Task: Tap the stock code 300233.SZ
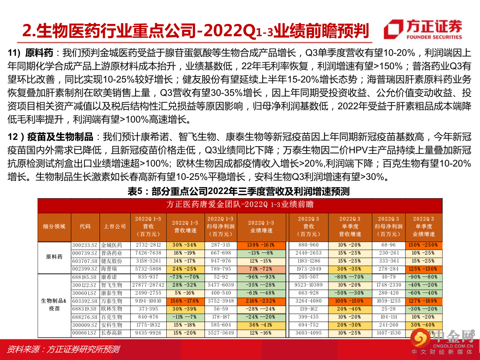(x=85, y=245)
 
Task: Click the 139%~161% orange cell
(x=261, y=245)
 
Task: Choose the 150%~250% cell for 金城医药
(x=423, y=245)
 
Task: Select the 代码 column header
(x=85, y=226)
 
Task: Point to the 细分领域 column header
(x=54, y=226)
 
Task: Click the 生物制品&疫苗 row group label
(x=54, y=305)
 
